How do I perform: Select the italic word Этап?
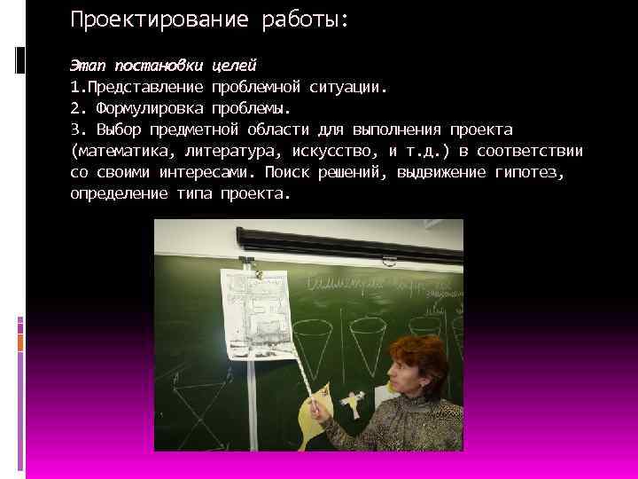[x=86, y=67]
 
